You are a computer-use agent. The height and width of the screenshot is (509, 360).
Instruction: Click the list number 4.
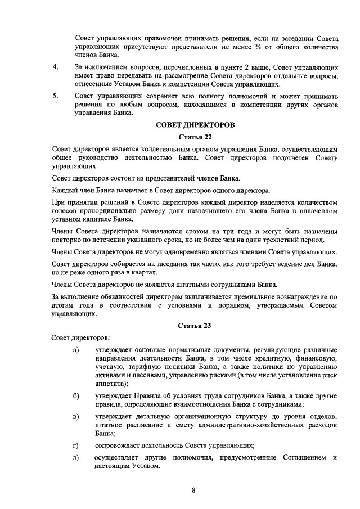[55, 67]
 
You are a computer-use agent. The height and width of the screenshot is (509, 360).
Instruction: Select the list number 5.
[55, 96]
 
